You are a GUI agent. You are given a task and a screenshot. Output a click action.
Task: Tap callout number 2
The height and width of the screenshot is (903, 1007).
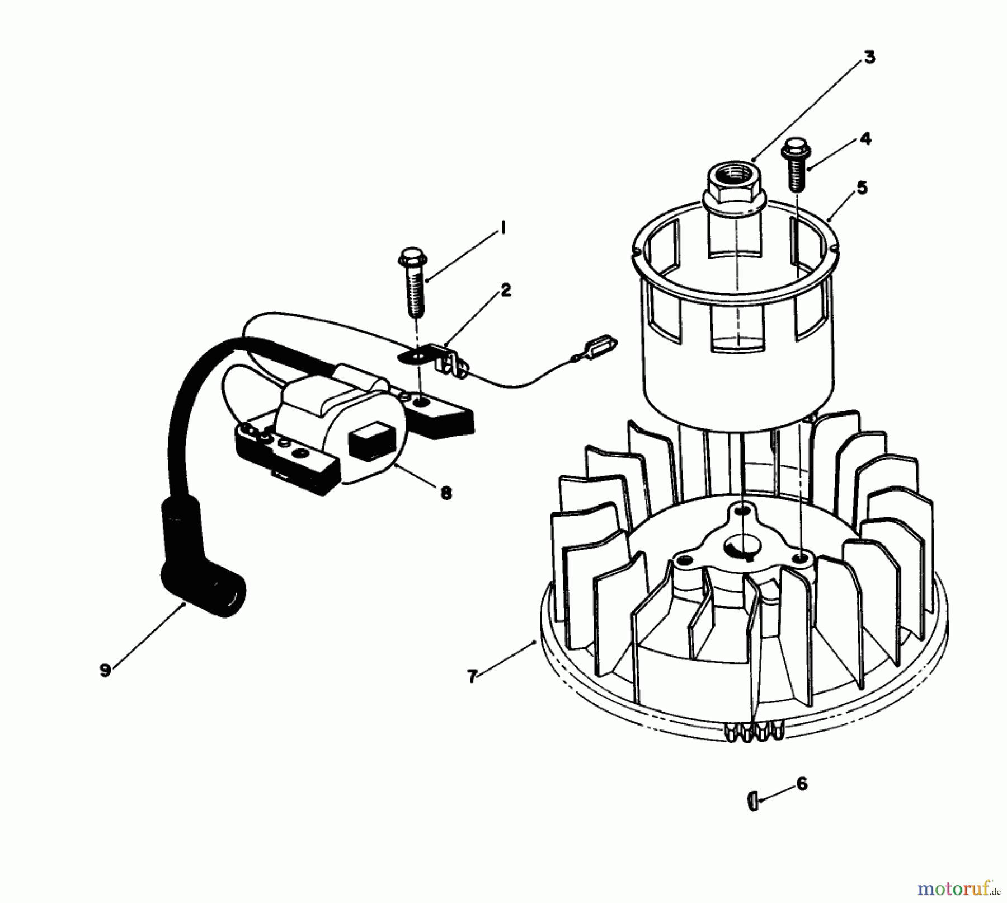(505, 290)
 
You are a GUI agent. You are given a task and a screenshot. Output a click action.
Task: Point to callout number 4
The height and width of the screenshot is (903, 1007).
(865, 139)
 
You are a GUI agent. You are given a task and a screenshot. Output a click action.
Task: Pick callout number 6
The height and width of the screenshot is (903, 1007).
(802, 784)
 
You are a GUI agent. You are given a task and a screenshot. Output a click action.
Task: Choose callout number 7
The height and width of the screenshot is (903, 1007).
(472, 677)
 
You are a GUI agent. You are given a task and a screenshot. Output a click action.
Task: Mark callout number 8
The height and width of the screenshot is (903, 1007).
(446, 493)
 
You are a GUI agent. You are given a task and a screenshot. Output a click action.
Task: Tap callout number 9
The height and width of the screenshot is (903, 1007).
(105, 670)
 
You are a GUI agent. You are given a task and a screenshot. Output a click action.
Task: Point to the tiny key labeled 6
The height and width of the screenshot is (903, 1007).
(752, 802)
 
